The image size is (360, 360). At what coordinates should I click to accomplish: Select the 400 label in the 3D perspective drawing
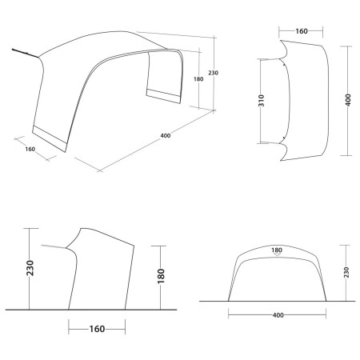165,135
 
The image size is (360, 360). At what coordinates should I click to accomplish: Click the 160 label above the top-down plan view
302,33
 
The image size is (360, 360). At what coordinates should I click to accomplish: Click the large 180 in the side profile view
162,276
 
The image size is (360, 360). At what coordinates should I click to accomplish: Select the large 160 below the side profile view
97,328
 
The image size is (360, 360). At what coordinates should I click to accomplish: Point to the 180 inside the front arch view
278,250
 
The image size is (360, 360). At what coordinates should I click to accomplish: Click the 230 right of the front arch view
346,272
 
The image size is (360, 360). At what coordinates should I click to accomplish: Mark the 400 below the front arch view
278,316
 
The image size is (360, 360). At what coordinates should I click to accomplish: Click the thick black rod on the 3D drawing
25,54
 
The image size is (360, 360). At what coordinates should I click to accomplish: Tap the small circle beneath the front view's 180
278,257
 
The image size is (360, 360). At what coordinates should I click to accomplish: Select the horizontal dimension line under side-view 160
97,328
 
